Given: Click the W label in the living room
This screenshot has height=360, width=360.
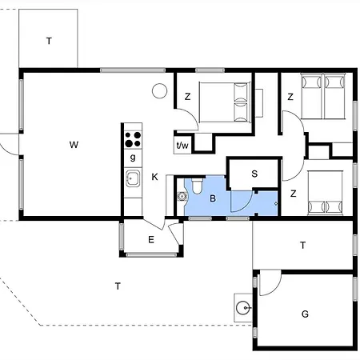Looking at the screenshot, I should point(74,145).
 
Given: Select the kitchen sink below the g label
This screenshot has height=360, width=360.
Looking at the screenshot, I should point(132,178).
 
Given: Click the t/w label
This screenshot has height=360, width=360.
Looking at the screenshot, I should point(182,145).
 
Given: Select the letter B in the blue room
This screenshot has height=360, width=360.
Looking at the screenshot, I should point(213,197).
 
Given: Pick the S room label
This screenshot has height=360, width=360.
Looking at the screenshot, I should point(254,174).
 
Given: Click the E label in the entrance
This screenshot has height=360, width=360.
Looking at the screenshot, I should point(150,238).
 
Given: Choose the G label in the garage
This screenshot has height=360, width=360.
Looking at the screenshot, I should point(305,314).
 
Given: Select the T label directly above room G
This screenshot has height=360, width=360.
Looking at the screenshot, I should point(302,246).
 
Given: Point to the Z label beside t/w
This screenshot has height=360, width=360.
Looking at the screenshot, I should point(187,97).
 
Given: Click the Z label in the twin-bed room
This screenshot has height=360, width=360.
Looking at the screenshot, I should point(291,97).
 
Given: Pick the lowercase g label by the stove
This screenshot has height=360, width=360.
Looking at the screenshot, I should point(132,158).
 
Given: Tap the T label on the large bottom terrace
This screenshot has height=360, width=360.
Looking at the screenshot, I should point(118,286).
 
